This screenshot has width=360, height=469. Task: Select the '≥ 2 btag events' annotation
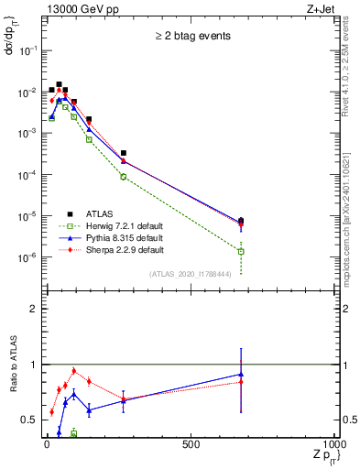click(191, 37)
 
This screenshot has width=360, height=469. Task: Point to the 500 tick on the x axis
click(191, 445)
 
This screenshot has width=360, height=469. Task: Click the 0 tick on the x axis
click(46, 445)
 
